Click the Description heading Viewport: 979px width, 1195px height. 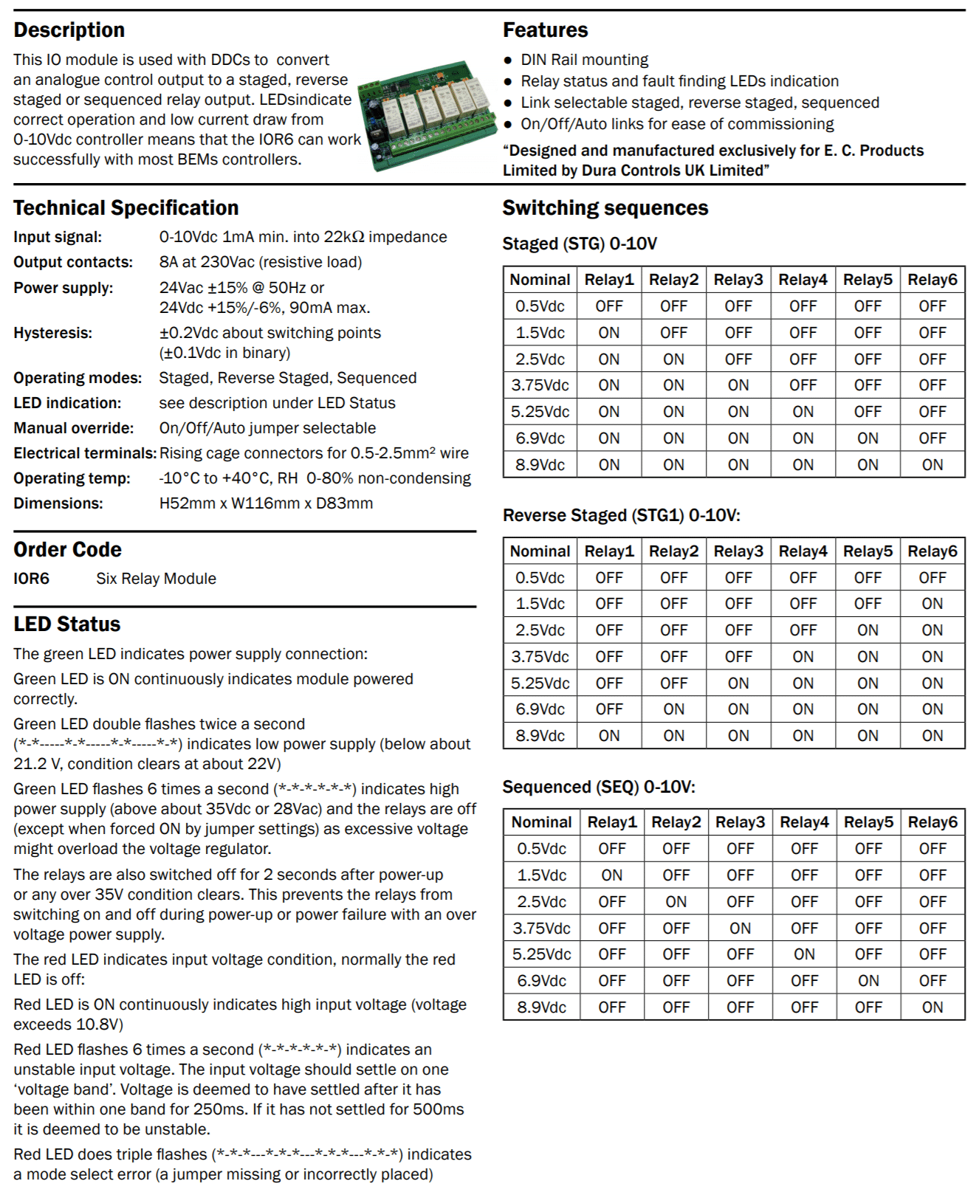(69, 30)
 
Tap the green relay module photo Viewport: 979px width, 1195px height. (428, 115)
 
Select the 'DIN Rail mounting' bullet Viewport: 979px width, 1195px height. (584, 60)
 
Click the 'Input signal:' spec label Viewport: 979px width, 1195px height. (58, 237)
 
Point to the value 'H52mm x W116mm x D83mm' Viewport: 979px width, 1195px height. (266, 503)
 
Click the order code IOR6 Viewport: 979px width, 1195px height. (31, 579)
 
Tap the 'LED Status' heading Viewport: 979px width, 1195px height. (66, 624)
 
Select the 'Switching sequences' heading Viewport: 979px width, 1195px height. (605, 208)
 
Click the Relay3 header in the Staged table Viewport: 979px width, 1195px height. (738, 280)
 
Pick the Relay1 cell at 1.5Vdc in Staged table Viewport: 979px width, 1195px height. (609, 333)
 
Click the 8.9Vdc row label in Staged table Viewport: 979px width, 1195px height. (540, 465)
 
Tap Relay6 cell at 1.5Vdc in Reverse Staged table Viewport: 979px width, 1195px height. (932, 604)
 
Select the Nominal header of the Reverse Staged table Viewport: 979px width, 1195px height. (540, 551)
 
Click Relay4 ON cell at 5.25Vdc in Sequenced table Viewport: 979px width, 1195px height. (804, 954)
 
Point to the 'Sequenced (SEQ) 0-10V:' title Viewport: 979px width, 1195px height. (599, 787)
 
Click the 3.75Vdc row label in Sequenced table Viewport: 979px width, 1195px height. (541, 929)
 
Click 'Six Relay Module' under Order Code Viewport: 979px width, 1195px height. (156, 579)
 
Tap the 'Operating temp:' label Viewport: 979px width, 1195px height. (72, 478)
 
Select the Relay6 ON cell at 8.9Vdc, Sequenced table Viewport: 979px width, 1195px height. (932, 1008)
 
